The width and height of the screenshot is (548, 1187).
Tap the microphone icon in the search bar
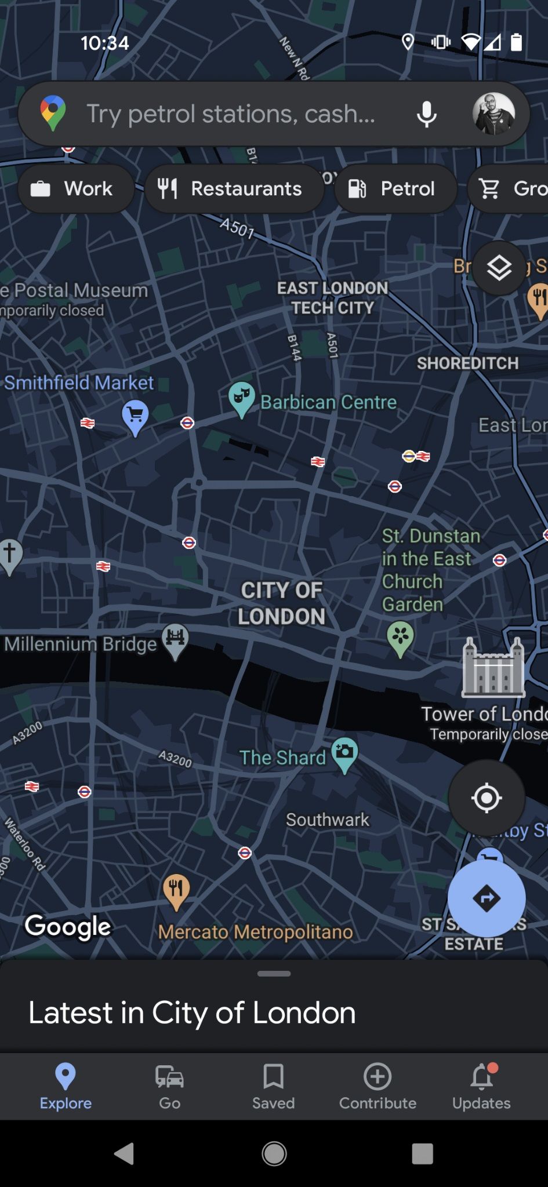click(x=426, y=114)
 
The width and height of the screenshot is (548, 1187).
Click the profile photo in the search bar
click(x=493, y=114)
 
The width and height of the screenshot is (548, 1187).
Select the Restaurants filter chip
click(x=234, y=189)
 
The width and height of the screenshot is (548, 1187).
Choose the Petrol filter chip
click(x=395, y=189)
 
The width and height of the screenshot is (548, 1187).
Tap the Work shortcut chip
click(x=75, y=189)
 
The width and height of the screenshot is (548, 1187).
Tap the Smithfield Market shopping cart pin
click(x=135, y=416)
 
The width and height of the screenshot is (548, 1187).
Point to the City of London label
click(x=281, y=603)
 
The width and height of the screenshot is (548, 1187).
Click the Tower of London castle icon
click(x=493, y=667)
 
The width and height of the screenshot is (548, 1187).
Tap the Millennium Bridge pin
click(x=175, y=640)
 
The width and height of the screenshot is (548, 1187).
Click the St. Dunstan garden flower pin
click(x=400, y=638)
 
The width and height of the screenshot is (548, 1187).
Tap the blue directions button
click(x=486, y=898)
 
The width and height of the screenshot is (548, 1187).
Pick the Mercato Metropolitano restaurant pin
click(x=176, y=890)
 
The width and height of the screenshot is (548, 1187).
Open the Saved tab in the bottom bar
click(x=273, y=1086)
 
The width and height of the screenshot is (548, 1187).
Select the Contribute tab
click(x=378, y=1086)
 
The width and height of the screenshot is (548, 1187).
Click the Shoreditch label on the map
click(x=467, y=363)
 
